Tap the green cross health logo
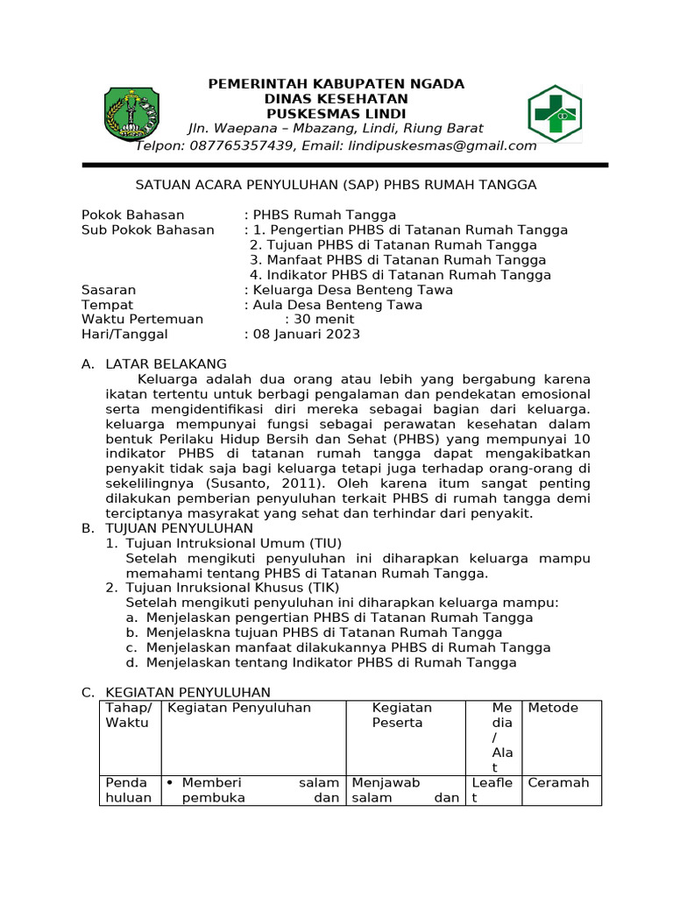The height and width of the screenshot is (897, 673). coord(554,114)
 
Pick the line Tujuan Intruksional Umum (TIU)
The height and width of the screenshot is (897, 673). coord(234,543)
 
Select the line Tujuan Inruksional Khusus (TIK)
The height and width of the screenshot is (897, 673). coord(232,588)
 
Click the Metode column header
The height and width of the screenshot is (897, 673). coord(553,708)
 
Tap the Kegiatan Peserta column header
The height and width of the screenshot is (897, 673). coord(401,715)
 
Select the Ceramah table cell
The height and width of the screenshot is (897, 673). coord(558,782)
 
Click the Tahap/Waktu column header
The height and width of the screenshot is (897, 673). coord(129,715)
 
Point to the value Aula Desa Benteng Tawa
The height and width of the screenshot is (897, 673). coord(336,305)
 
